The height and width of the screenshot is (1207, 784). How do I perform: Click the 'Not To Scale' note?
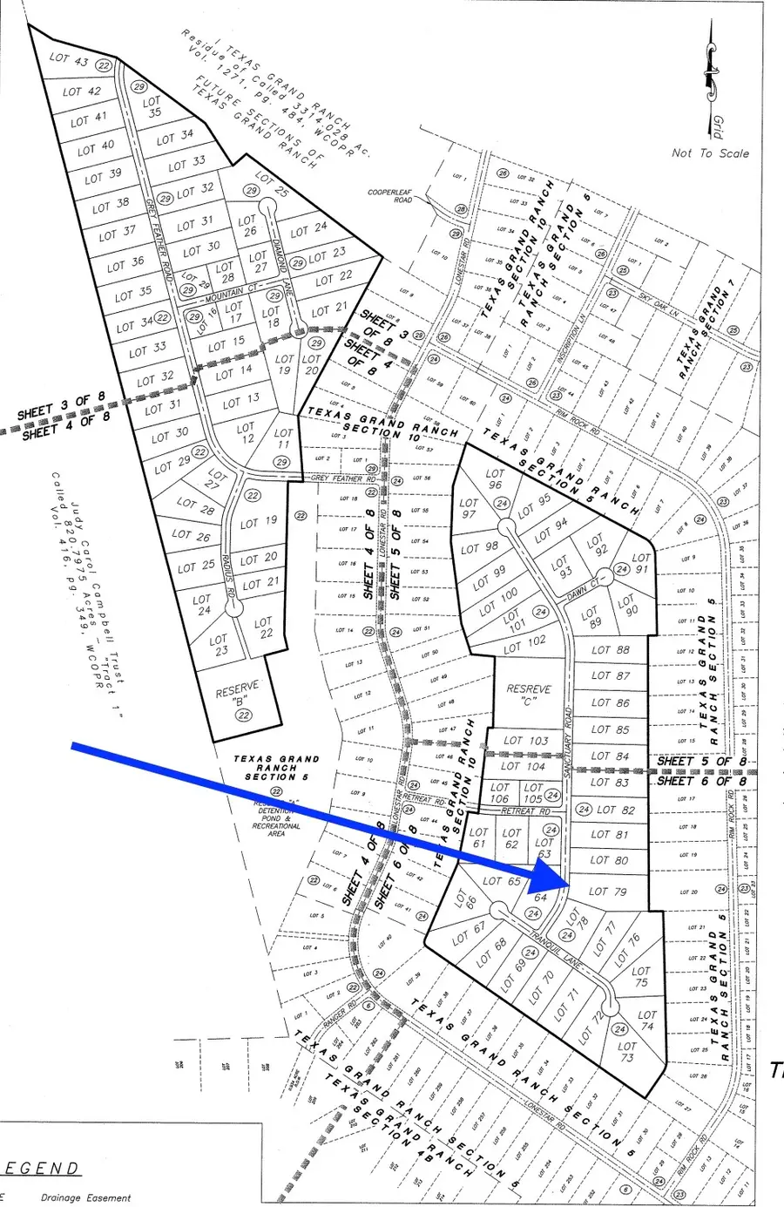point(710,153)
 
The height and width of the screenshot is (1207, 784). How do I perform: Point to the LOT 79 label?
point(608,892)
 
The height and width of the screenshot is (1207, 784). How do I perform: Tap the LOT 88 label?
point(610,649)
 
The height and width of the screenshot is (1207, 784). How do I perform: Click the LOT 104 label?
point(525,767)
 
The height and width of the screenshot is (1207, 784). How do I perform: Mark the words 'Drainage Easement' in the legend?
point(85,1198)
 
